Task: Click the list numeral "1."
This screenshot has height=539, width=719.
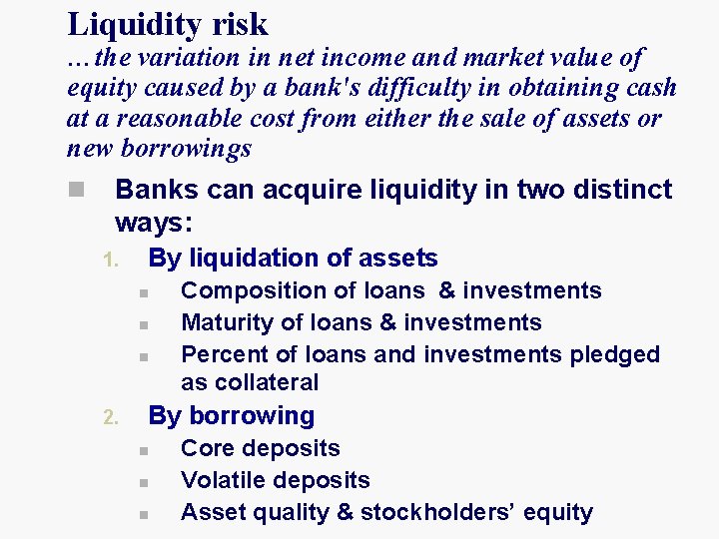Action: click(x=112, y=262)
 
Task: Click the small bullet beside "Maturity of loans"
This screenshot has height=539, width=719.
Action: click(x=144, y=325)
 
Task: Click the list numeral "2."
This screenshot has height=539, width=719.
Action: click(x=112, y=418)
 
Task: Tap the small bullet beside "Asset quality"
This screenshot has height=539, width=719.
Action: click(x=144, y=515)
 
